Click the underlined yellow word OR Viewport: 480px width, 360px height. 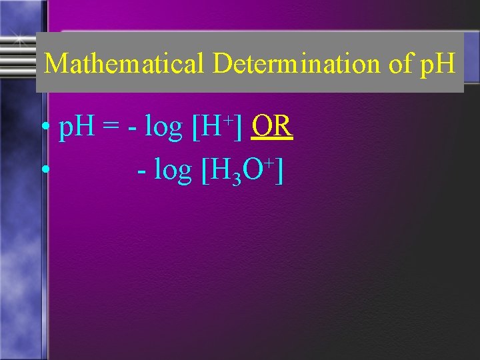(x=272, y=127)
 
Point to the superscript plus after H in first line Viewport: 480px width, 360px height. (x=227, y=119)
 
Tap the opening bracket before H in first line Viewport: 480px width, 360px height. (x=196, y=128)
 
